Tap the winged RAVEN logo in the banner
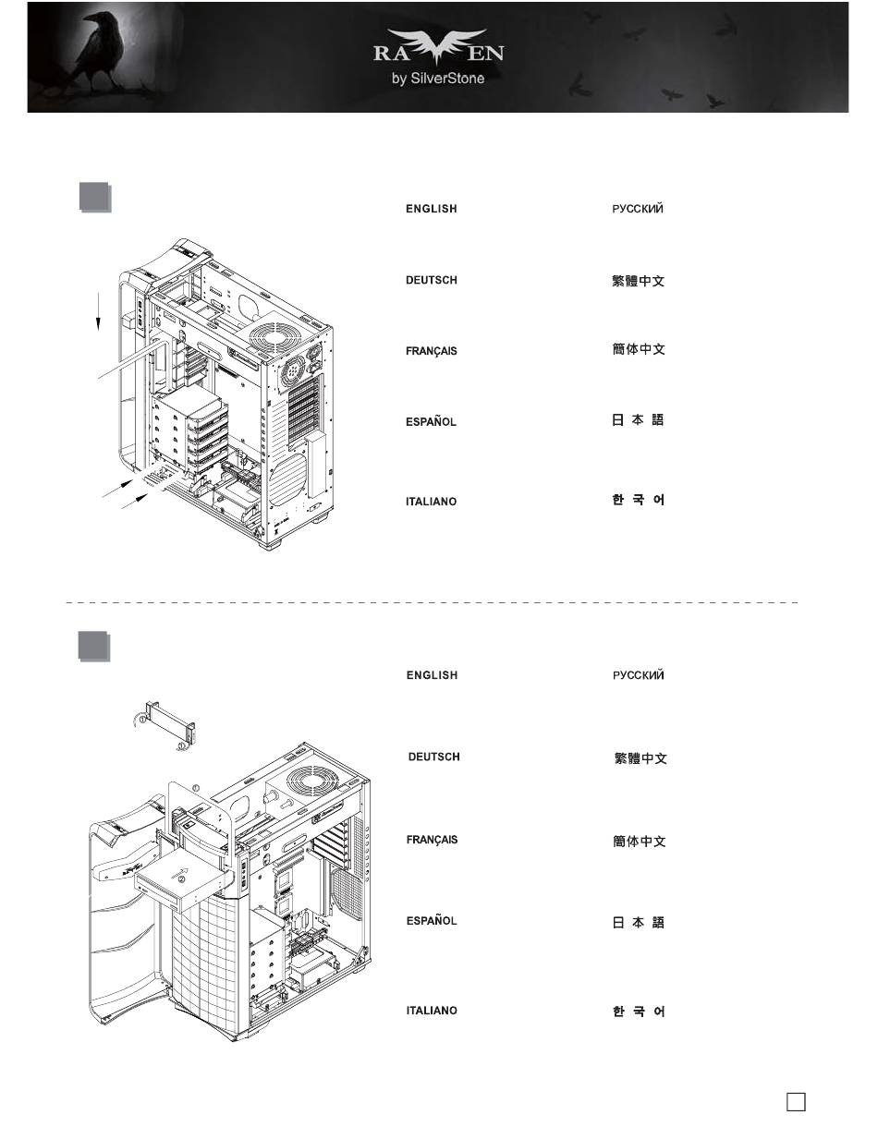pos(438,47)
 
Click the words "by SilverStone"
pos(438,79)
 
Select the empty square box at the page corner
pos(796,1101)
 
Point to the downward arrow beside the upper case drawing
pos(98,311)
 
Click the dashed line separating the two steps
pos(432,603)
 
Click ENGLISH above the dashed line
pos(432,209)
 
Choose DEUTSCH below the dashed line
pos(434,757)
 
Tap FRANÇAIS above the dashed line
pos(432,351)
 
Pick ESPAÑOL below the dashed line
pos(432,920)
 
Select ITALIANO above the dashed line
pos(431,502)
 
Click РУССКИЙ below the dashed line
pos(639,675)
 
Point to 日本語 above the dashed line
pos(638,420)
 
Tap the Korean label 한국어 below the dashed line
pos(639,1012)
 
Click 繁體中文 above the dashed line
pos(638,281)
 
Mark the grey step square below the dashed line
pos(94,646)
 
